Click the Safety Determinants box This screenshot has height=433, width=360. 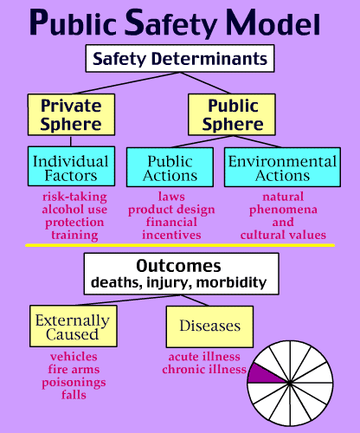[x=180, y=58]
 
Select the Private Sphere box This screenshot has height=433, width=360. [x=71, y=114]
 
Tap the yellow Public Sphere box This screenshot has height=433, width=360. [x=232, y=114]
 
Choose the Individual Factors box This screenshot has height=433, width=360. [x=71, y=166]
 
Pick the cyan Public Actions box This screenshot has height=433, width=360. [x=170, y=167]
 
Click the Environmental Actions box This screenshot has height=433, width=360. [x=282, y=167]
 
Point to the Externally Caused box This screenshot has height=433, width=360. [x=74, y=326]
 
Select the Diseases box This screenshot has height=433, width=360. [x=209, y=326]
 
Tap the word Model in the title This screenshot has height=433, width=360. [x=273, y=23]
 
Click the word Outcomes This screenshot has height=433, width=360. [x=178, y=266]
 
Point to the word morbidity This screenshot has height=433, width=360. [x=231, y=282]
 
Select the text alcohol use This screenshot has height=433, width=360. [x=74, y=210]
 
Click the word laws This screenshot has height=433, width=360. [x=171, y=197]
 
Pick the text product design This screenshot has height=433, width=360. [x=171, y=210]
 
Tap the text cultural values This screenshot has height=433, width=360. [x=283, y=235]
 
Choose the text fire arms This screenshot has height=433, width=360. [x=74, y=370]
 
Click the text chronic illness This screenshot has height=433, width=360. [x=204, y=370]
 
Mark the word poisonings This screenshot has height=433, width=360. [x=74, y=383]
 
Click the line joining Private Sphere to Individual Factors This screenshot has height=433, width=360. [x=71, y=141]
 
